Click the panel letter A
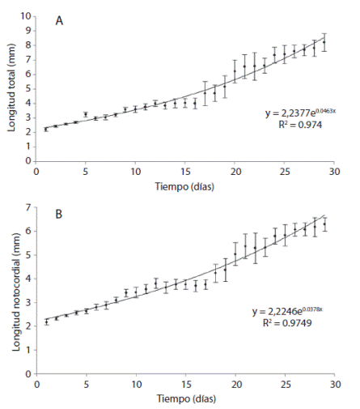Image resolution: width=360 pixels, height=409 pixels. (60, 21)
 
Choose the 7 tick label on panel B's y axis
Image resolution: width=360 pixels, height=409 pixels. (28, 208)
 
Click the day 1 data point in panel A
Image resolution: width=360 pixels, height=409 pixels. (46, 128)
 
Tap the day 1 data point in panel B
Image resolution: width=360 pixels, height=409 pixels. (46, 322)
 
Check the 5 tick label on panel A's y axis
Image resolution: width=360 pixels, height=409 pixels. (28, 89)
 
